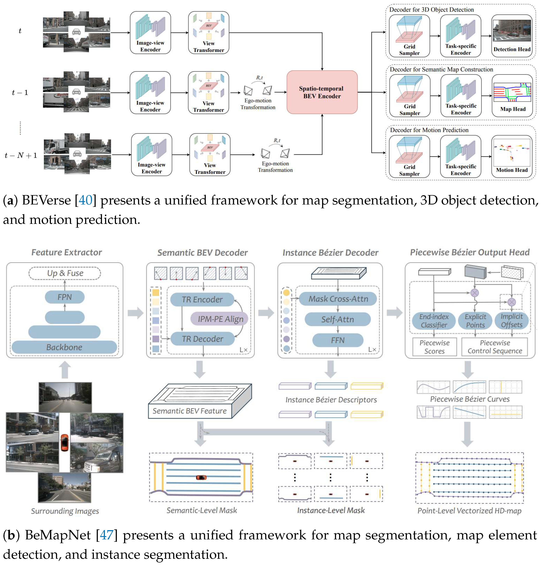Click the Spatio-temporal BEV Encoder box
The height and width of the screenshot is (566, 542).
[x=322, y=92]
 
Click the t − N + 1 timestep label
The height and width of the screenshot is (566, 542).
[x=21, y=155]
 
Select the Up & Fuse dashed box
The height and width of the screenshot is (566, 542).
[x=65, y=273]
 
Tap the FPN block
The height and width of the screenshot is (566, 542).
[x=65, y=297]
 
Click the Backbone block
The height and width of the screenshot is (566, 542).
[x=64, y=347]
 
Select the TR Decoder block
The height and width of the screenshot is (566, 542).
[x=202, y=339]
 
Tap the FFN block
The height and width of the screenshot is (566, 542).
[x=337, y=340]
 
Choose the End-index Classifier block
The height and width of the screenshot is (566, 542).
[x=433, y=321]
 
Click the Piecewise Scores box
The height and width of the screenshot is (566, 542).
[x=434, y=347]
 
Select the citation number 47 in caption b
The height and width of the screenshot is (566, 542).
[x=107, y=535]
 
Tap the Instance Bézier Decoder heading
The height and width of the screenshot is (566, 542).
[x=330, y=253]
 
